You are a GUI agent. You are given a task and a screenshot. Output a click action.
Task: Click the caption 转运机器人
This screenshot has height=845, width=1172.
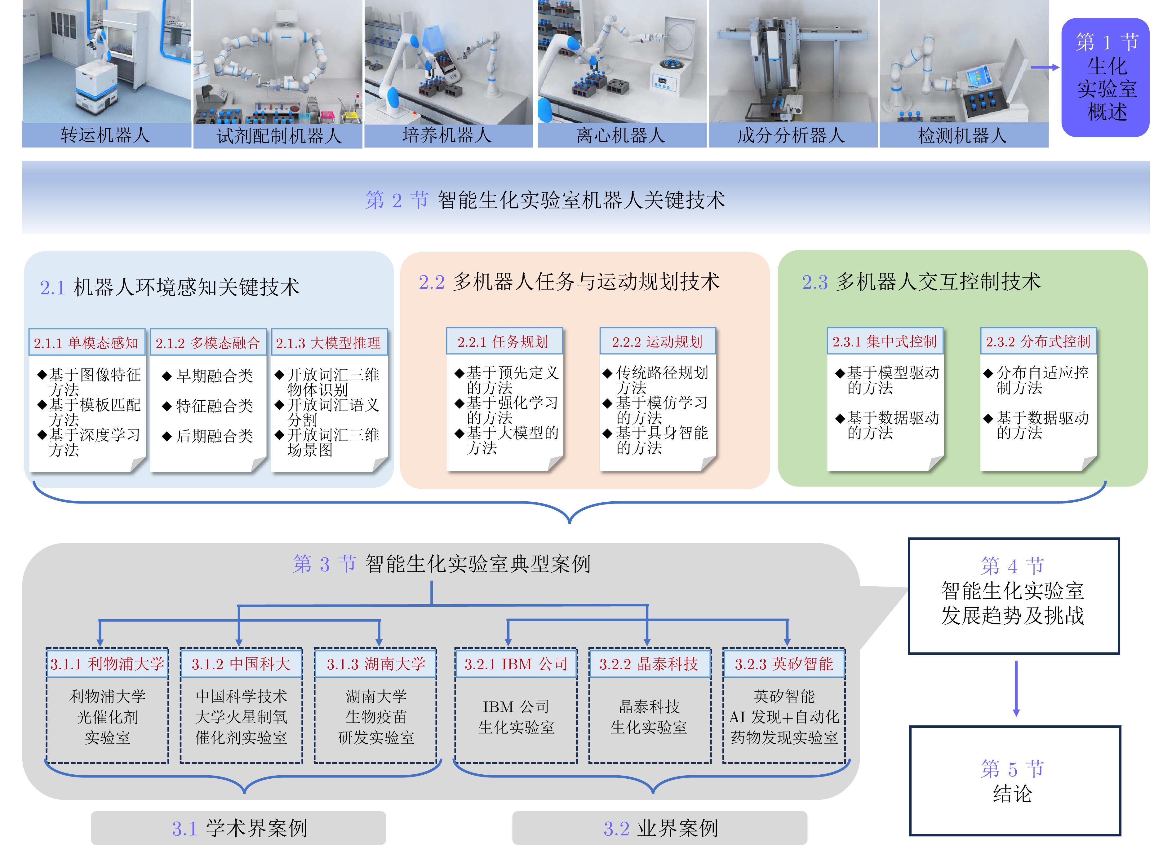coord(105,135)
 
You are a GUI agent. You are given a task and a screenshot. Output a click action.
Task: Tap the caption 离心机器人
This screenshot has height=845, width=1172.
coord(621,136)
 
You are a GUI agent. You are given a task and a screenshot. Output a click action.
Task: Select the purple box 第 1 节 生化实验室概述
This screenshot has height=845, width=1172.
coord(1105,77)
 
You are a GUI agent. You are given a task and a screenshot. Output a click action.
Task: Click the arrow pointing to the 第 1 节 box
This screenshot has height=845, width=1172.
coord(1045,67)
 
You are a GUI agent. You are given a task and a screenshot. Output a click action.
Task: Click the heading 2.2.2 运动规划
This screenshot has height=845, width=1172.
coord(657,341)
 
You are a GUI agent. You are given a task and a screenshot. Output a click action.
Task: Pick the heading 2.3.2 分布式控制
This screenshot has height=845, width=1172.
coord(1038,341)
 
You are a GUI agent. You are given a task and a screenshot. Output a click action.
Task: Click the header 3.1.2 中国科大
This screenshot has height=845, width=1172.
coord(241,664)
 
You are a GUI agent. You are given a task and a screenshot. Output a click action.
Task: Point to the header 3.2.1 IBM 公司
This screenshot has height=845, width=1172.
coord(516,664)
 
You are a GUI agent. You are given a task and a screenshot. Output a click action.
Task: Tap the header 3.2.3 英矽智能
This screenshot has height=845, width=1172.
coord(784,664)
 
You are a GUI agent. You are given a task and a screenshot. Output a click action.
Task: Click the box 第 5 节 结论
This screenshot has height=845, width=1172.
coord(1015,781)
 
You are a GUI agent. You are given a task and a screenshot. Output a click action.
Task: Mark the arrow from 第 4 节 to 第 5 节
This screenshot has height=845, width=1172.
coord(1016,689)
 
